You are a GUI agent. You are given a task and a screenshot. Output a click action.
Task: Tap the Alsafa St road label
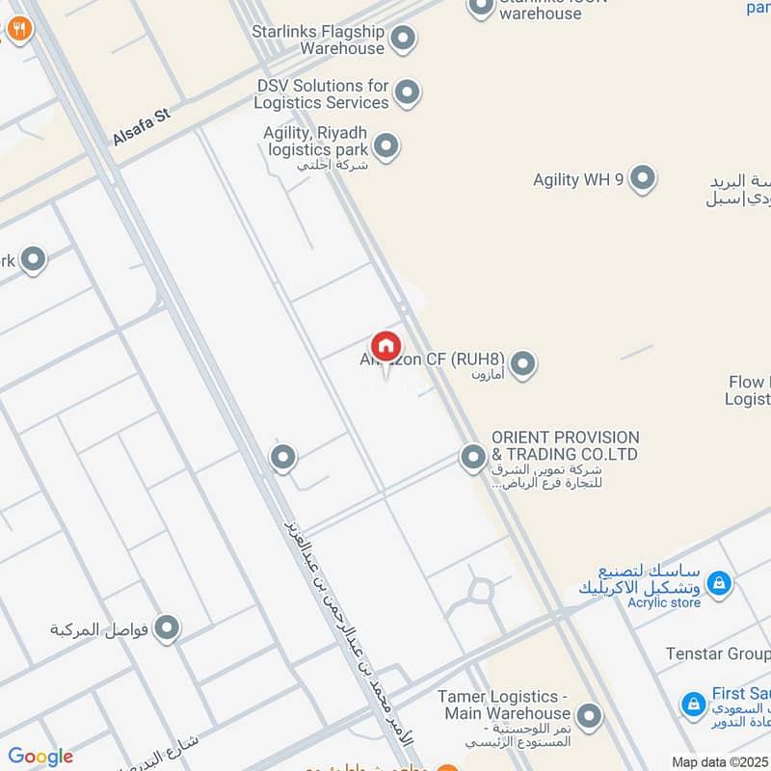click(x=141, y=127)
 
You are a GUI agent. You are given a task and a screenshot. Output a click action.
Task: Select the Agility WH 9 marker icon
click(x=643, y=178)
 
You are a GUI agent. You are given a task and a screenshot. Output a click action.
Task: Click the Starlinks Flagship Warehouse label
click(x=318, y=40)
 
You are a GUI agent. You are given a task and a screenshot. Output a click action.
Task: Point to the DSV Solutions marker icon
click(x=408, y=93)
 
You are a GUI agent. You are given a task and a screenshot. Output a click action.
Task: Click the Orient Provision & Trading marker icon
click(x=472, y=457)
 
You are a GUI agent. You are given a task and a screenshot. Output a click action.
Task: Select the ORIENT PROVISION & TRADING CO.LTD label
click(x=565, y=445)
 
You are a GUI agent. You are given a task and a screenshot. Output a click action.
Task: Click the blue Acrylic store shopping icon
click(x=718, y=583)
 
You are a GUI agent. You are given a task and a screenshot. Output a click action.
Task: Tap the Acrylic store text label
click(x=664, y=603)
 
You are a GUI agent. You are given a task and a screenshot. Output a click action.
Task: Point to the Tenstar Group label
click(x=718, y=654)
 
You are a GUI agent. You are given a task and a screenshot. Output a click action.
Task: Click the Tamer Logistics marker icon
click(x=588, y=716)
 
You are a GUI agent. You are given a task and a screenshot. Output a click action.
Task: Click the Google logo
click(x=40, y=757)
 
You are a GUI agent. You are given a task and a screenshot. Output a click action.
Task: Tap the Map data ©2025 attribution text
click(x=720, y=761)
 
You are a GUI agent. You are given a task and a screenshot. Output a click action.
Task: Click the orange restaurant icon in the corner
click(x=18, y=29)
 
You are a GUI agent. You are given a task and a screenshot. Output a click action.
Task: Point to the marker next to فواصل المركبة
click(x=168, y=628)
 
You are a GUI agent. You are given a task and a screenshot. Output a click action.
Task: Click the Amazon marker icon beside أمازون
click(x=522, y=364)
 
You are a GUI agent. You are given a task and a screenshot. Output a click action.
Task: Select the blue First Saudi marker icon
click(x=693, y=705)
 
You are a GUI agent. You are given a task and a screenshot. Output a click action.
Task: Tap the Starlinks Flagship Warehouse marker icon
click(x=404, y=39)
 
